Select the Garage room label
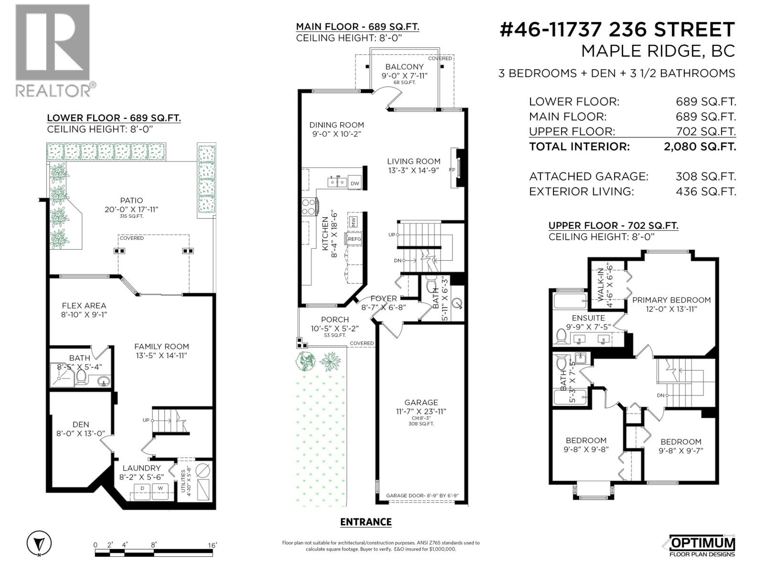click(x=421, y=403)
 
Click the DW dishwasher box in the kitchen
click(x=354, y=183)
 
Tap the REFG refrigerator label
click(x=354, y=239)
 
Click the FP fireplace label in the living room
click(x=452, y=170)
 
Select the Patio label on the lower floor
click(x=131, y=201)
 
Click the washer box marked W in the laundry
click(x=160, y=488)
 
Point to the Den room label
click(x=81, y=424)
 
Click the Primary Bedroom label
click(x=671, y=300)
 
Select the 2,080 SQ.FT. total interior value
click(x=700, y=147)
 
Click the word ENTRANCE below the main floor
click(x=366, y=522)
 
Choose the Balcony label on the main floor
click(x=404, y=67)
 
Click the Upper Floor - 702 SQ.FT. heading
click(x=613, y=225)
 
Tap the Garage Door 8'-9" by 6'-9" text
click(x=422, y=496)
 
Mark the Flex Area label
click(x=84, y=306)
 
